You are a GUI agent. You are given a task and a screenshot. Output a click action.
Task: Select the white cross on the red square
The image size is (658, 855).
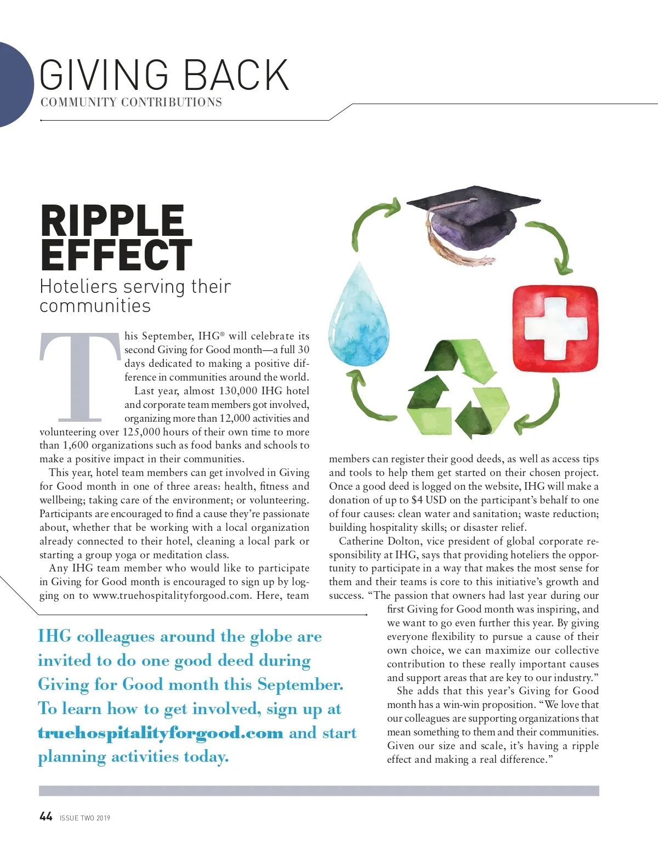coord(555,328)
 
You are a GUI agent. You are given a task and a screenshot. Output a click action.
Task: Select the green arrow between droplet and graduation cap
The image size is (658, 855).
coord(373,222)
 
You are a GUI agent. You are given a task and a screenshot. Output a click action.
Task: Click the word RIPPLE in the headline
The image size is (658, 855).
coord(112,221)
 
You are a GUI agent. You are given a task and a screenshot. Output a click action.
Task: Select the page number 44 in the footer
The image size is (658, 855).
coord(46,817)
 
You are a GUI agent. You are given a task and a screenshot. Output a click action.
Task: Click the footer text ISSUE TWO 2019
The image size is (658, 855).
coord(85,818)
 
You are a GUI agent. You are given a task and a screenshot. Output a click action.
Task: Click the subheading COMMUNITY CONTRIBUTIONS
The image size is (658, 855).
coord(131,103)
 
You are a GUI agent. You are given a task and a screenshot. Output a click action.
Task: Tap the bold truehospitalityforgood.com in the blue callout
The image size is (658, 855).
coord(160,733)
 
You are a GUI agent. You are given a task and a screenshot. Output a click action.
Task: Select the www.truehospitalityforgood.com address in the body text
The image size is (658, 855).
coord(172,596)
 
